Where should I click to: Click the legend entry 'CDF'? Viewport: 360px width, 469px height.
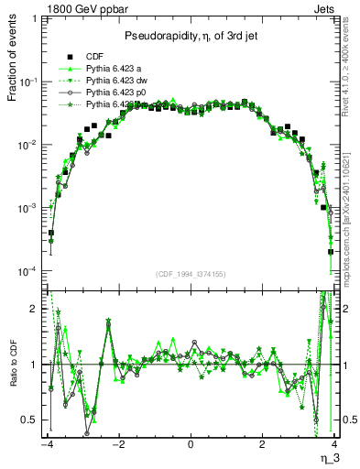point(93,56)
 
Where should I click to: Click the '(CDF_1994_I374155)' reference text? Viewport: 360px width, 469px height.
point(191,274)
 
